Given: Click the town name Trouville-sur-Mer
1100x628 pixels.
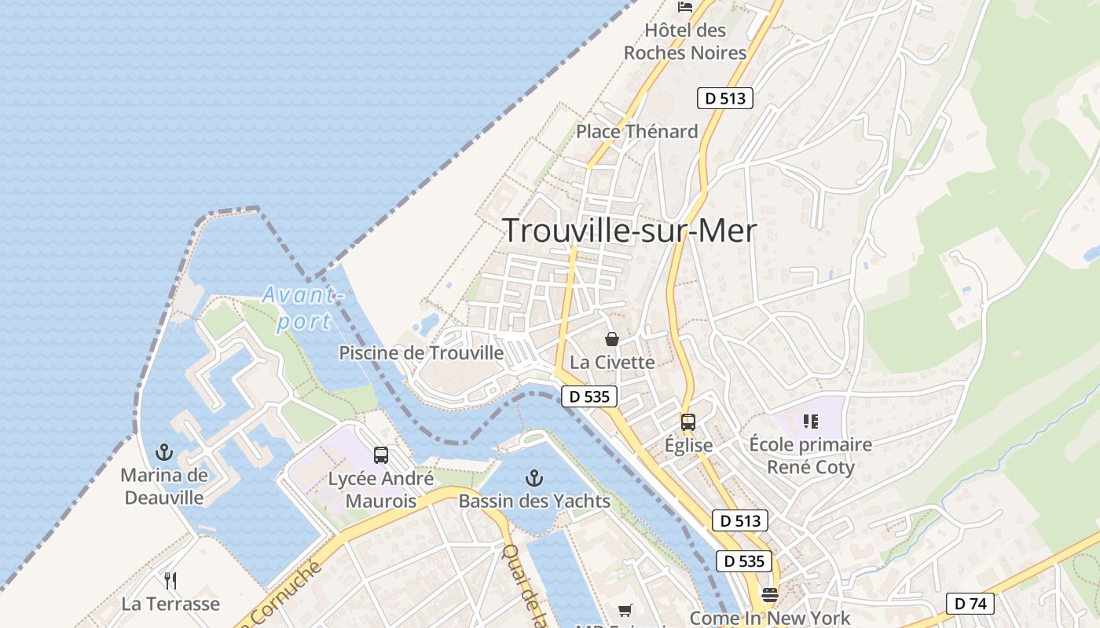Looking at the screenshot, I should point(629,231).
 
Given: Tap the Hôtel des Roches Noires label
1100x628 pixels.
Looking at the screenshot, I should point(684,42).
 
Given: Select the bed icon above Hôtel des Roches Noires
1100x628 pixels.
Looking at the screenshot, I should point(685,7).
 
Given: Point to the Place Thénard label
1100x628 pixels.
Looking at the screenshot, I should point(636,131).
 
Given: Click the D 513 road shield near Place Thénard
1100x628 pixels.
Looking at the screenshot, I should point(724,98).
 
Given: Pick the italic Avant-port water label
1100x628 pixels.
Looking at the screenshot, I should point(303,309).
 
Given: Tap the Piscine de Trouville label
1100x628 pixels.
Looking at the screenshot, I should point(421,353).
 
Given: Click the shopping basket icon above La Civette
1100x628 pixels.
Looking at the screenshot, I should point(612,339).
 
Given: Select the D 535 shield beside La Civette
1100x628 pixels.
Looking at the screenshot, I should point(589,396).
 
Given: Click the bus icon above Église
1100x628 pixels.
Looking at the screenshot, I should point(688,422).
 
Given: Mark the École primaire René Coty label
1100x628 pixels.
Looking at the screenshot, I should point(810,456).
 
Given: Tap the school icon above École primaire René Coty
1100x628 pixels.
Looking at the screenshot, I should point(811,422).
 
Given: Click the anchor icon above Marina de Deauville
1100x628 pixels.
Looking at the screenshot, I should point(164,452).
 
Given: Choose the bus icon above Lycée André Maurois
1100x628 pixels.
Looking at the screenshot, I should point(381,455).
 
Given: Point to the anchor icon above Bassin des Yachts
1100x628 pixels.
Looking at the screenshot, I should point(534,477).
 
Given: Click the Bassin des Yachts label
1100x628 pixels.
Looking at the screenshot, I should point(534,501).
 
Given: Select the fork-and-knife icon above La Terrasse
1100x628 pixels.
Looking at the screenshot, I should point(170,581).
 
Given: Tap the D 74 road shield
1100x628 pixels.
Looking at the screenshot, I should point(970,603).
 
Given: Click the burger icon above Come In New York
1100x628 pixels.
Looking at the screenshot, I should point(770,594).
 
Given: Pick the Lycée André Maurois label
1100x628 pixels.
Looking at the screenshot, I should point(380,490).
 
